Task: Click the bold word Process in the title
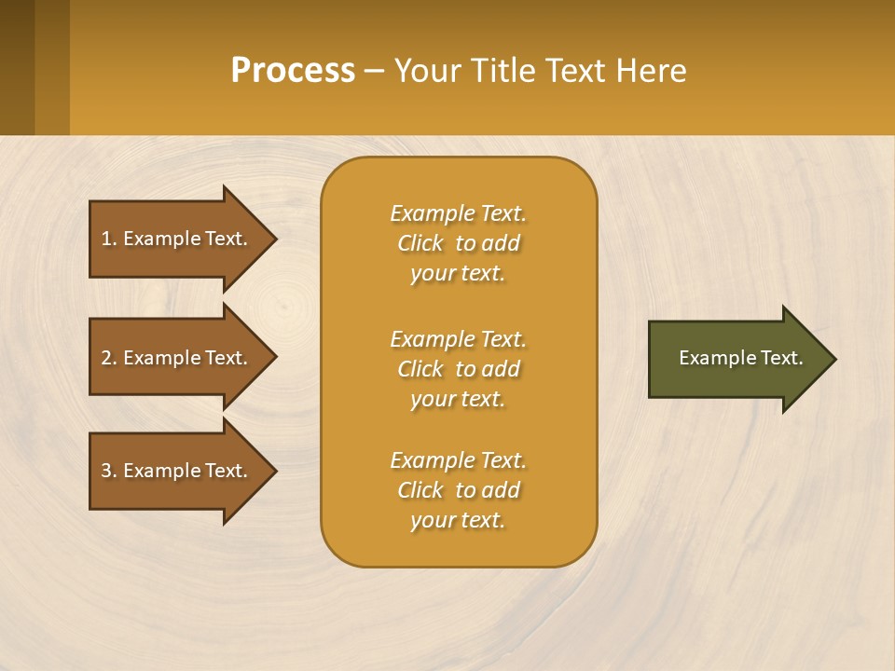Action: [x=293, y=71]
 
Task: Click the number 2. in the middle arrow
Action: [x=108, y=358]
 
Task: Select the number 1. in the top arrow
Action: [x=108, y=239]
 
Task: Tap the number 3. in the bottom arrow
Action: [x=108, y=471]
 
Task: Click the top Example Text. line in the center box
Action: [x=458, y=213]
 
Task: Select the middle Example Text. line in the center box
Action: [x=458, y=338]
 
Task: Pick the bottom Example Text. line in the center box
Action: [x=458, y=460]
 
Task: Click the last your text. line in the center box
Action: [x=458, y=520]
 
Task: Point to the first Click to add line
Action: [x=458, y=243]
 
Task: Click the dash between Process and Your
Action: [x=374, y=72]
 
